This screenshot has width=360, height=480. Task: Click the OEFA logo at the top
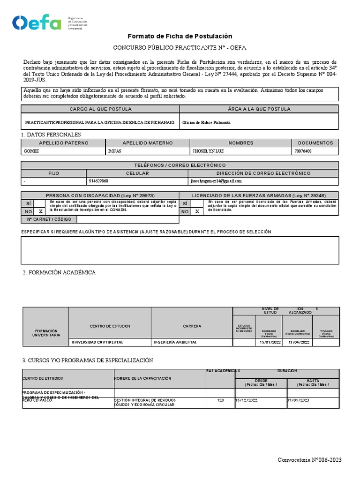coord(37,22)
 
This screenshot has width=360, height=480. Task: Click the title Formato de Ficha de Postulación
coord(180,36)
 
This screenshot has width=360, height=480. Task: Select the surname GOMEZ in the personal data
coord(30,151)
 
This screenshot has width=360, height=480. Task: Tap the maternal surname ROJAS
coord(115,151)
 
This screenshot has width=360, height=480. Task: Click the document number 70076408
coord(304,151)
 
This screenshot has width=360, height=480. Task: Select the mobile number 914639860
coord(98,180)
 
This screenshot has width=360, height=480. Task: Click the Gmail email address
coord(216,180)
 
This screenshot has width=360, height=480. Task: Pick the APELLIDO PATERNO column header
coord(63,143)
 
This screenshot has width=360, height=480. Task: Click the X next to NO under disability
coord(40,211)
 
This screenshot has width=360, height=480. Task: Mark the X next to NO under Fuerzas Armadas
coord(197,211)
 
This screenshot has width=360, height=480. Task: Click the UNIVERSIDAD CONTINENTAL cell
coord(97,342)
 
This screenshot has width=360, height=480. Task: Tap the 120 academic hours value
coord(221,401)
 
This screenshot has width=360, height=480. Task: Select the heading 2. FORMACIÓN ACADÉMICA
coord(59,272)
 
